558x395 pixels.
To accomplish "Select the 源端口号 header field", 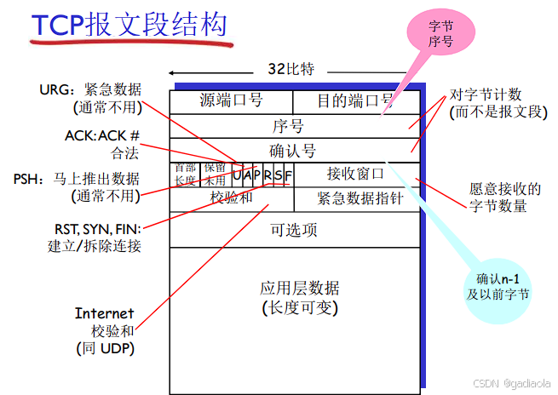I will pos(231,101).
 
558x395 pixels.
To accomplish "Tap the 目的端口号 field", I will pos(355,101).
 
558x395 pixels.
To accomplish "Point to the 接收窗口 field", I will pos(356,174).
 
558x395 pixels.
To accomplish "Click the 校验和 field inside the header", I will pos(231,198).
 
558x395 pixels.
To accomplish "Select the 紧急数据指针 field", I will pos(356,198).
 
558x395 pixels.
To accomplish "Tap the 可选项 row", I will pos(294,229).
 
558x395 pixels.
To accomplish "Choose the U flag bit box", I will pos(238,175).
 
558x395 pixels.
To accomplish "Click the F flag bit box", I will pos(288,175).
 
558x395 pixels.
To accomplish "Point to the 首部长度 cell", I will pos(185,174).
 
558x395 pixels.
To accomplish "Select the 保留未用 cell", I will pos(215,174).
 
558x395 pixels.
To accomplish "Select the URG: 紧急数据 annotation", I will pos(90,90).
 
